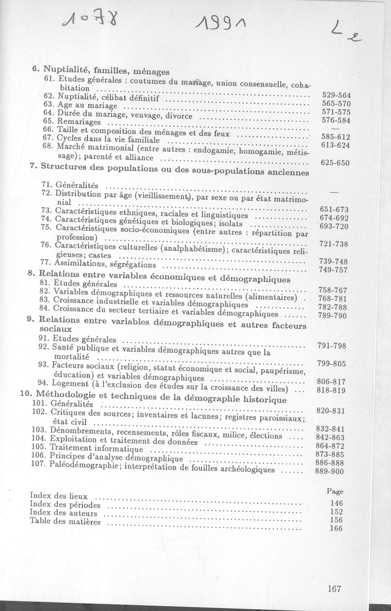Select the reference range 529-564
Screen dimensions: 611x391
pyautogui.click(x=336, y=95)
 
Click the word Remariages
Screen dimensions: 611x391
pyautogui.click(x=79, y=122)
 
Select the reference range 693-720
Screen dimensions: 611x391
pyautogui.click(x=334, y=226)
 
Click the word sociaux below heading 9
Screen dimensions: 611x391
pyautogui.click(x=56, y=329)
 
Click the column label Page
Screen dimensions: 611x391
pyautogui.click(x=335, y=491)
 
